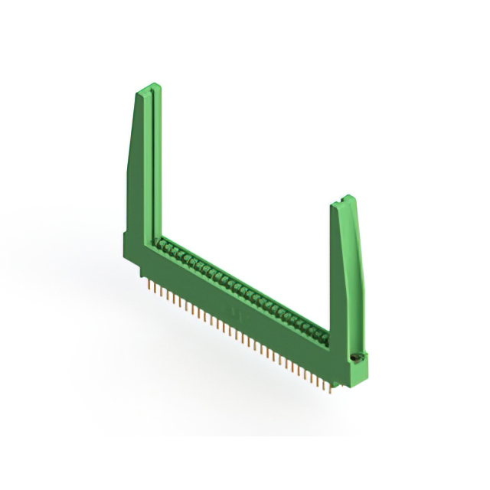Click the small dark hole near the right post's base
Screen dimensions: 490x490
pyautogui.click(x=355, y=358)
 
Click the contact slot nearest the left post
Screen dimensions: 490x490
pyautogui.click(x=163, y=243)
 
